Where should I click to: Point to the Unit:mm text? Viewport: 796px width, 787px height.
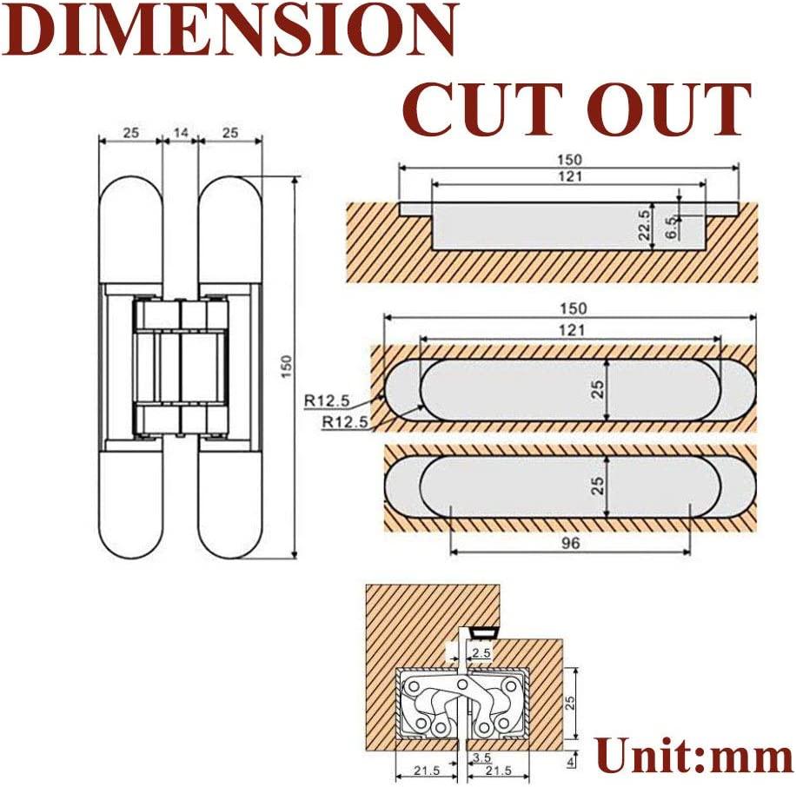point(694,755)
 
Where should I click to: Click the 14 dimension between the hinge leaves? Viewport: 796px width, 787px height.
point(181,133)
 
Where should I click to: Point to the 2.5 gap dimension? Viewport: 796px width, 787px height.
point(481,651)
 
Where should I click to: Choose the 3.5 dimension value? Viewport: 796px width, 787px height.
point(481,758)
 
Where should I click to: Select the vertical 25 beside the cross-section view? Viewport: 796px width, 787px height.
point(571,702)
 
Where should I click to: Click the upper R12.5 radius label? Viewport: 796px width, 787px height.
point(328,401)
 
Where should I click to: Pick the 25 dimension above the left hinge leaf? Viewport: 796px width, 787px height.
point(131,133)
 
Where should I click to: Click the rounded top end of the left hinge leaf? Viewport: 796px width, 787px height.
point(131,195)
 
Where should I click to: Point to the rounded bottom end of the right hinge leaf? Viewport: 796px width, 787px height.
point(230,539)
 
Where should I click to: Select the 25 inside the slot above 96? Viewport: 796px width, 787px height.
point(598,485)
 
